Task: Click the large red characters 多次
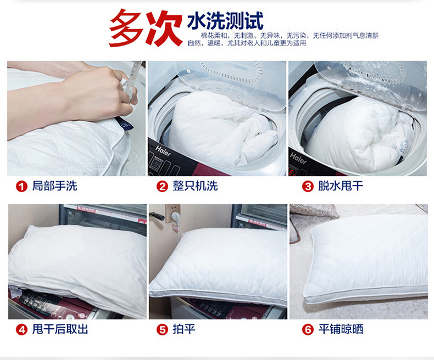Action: tap(146, 27)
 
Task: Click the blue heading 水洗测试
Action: tap(225, 20)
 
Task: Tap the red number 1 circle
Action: tap(21, 187)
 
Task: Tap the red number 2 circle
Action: tap(163, 187)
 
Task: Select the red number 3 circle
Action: tap(308, 187)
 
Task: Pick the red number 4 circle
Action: tap(21, 330)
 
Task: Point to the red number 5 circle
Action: tap(163, 330)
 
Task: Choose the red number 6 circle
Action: tap(308, 330)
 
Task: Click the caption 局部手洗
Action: tap(54, 186)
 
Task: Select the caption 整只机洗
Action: tap(195, 186)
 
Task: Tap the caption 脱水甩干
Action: tap(341, 186)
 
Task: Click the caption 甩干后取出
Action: tap(60, 329)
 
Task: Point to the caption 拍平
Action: tap(184, 329)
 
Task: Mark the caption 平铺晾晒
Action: tap(341, 329)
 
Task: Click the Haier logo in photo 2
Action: tap(163, 151)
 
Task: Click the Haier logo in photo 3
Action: tap(298, 158)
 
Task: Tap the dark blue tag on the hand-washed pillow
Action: tap(124, 124)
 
